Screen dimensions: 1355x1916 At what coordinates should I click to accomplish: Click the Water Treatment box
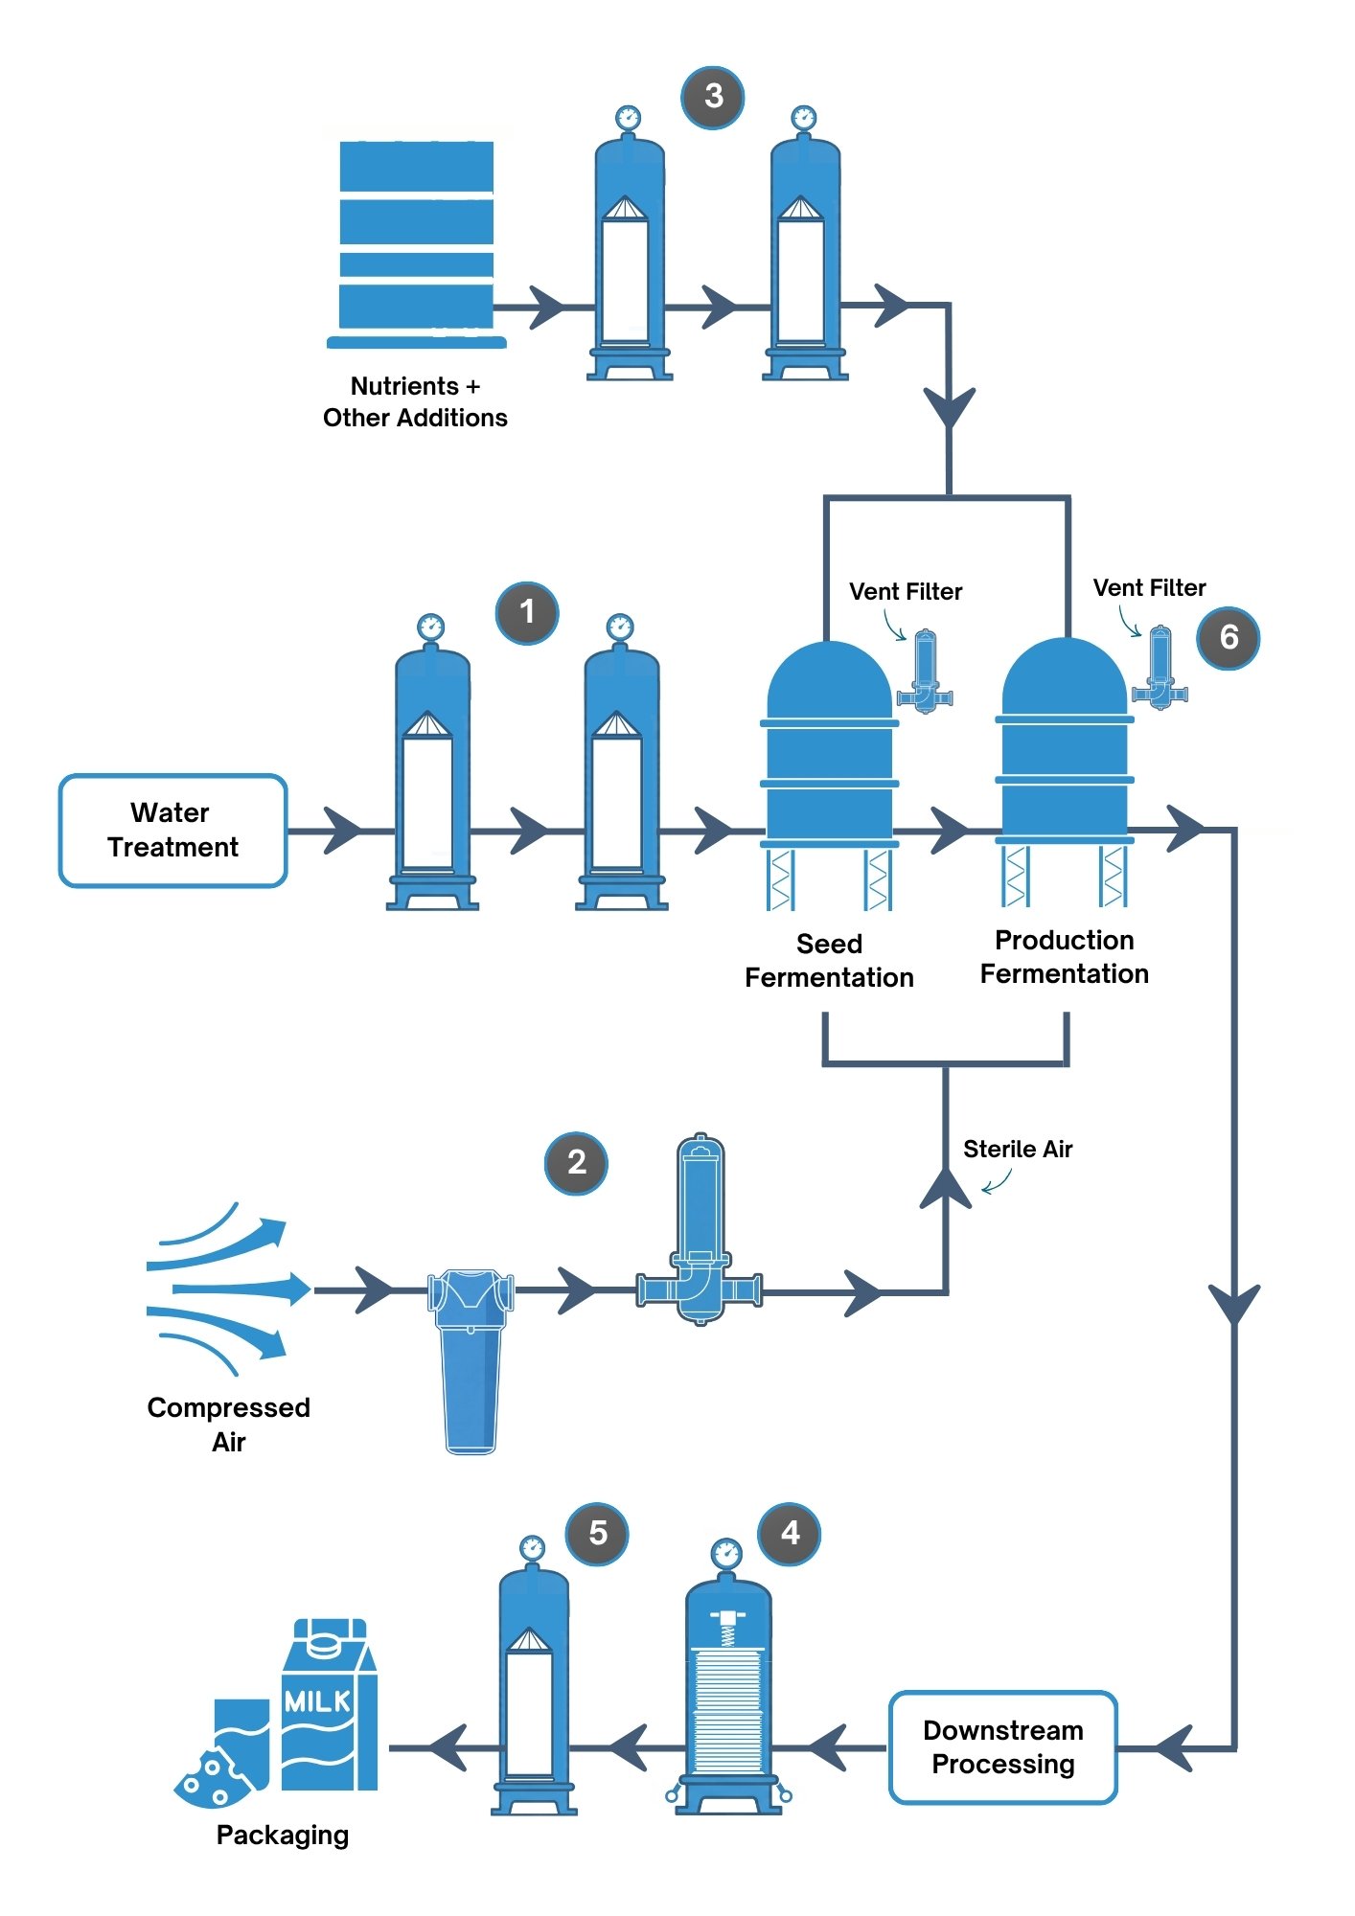point(173,831)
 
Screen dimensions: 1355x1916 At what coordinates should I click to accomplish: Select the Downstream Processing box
point(1003,1747)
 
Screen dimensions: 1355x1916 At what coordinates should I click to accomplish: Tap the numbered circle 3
point(713,97)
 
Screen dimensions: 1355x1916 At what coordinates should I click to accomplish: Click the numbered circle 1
point(527,612)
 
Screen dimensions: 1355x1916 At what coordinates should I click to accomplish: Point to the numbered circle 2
point(576,1163)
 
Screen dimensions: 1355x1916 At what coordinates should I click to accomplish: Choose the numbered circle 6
point(1229,638)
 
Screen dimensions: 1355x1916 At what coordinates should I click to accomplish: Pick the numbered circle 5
point(597,1534)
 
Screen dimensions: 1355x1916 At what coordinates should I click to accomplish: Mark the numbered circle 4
point(790,1534)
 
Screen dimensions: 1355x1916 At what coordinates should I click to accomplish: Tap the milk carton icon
point(330,1704)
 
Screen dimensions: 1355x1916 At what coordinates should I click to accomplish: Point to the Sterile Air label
point(1018,1149)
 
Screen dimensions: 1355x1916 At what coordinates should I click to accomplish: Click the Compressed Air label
point(228,1425)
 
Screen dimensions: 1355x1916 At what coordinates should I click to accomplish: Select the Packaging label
point(283,1836)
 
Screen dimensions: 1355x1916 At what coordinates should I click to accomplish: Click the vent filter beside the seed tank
point(925,672)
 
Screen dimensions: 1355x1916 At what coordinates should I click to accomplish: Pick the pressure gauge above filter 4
point(726,1553)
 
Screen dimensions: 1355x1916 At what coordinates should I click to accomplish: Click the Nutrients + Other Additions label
point(415,401)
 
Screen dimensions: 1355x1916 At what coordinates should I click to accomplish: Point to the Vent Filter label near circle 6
point(1150,587)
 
